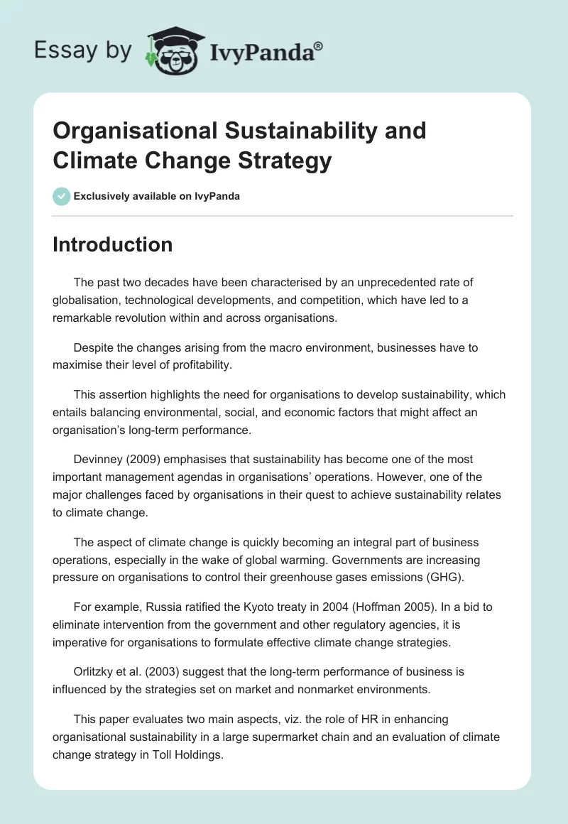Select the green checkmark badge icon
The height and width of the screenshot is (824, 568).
[62, 196]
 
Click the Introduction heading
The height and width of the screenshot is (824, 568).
[112, 244]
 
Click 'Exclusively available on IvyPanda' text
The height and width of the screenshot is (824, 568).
[157, 196]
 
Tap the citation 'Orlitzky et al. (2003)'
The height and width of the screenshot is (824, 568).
[130, 671]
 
